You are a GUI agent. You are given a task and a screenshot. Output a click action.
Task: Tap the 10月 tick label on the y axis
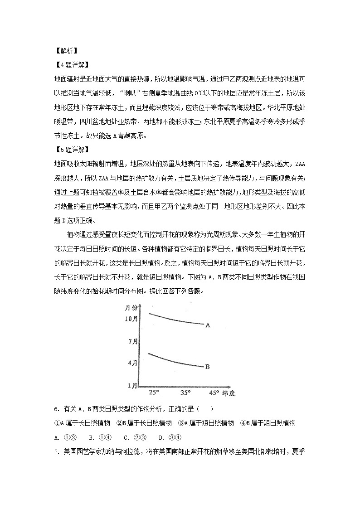131,319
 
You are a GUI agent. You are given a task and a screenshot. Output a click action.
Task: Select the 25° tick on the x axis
154,392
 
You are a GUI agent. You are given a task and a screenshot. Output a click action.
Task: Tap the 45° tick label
213,392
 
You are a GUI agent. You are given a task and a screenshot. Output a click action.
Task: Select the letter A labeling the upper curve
208,325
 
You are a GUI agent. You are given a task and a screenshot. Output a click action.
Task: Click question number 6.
56,409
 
